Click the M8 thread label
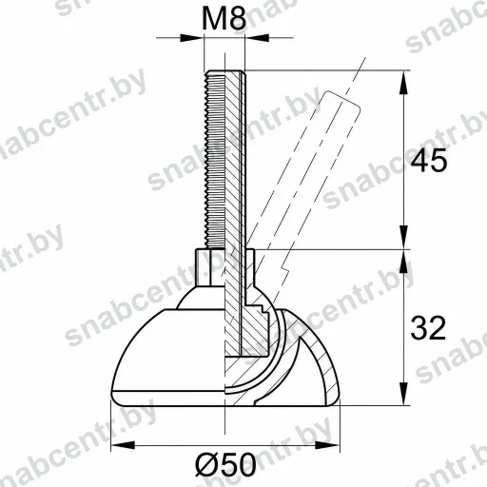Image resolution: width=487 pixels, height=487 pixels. [224, 18]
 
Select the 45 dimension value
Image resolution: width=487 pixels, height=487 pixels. [429, 160]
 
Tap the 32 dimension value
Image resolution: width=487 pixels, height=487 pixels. [428, 328]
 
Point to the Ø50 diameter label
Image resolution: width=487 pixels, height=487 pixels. [225, 465]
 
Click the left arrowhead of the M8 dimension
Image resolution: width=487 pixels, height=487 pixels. [191, 38]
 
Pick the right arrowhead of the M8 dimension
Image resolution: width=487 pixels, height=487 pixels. [258, 38]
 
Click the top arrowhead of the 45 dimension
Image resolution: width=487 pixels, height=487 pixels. [403, 83]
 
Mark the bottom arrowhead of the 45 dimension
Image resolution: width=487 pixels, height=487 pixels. [403, 237]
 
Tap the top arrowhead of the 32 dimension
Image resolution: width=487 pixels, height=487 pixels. [403, 262]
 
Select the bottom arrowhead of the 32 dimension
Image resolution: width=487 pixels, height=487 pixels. [403, 393]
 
